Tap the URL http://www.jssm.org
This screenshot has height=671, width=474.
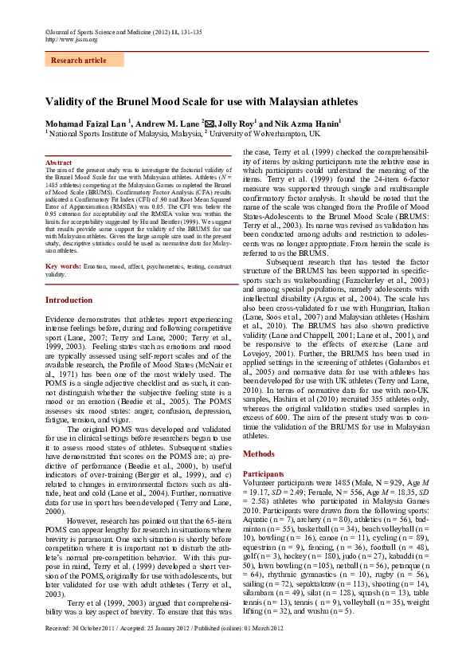click(x=72, y=38)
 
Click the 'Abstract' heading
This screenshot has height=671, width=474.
click(x=60, y=163)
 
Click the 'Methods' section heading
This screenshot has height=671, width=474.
click(x=259, y=453)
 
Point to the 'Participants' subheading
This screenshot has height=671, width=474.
click(x=263, y=473)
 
